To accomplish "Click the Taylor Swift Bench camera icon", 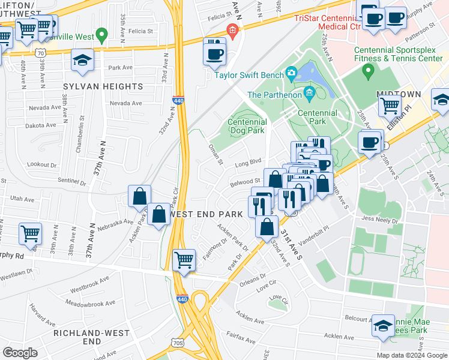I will point(292,74).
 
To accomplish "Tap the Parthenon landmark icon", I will point(309,92).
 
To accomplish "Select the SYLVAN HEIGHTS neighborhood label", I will point(103,86).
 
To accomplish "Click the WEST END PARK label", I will point(208,214).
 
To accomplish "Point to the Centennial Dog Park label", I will point(247,126).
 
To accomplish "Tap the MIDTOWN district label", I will point(399,95).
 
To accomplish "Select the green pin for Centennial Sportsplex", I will point(369,71).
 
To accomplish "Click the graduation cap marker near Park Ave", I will point(82,60).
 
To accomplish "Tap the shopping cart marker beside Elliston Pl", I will point(390,106).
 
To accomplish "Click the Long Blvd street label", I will point(248,162).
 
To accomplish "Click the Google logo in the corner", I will point(20,353).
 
